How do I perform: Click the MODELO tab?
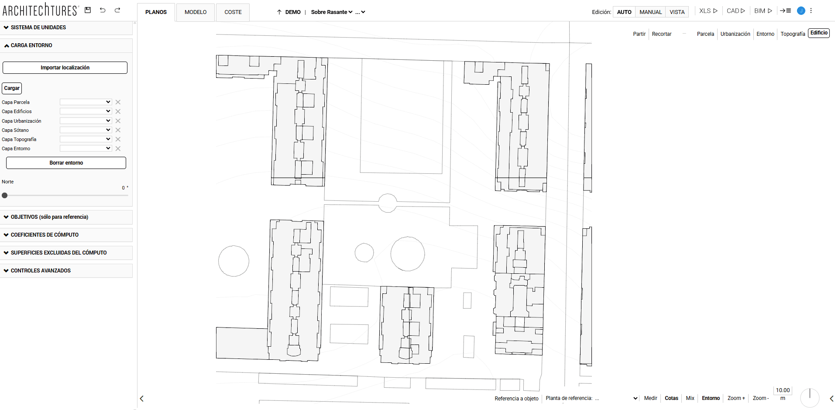pos(196,12)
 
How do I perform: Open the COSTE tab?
pos(233,12)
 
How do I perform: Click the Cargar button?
pos(12,88)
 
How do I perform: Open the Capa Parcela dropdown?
pos(86,102)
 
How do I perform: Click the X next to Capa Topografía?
pos(118,139)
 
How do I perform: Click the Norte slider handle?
pos(5,196)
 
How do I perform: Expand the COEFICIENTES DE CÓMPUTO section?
pos(45,235)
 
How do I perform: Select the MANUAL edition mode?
pos(650,12)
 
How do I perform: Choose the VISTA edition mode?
pos(677,12)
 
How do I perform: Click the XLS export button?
pos(708,11)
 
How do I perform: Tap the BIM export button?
pos(763,11)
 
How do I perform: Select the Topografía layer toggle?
pos(793,34)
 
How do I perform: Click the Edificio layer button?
pos(819,33)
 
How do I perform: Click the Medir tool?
pos(650,398)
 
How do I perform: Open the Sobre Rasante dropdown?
pos(331,12)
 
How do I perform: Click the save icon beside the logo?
pos(88,10)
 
